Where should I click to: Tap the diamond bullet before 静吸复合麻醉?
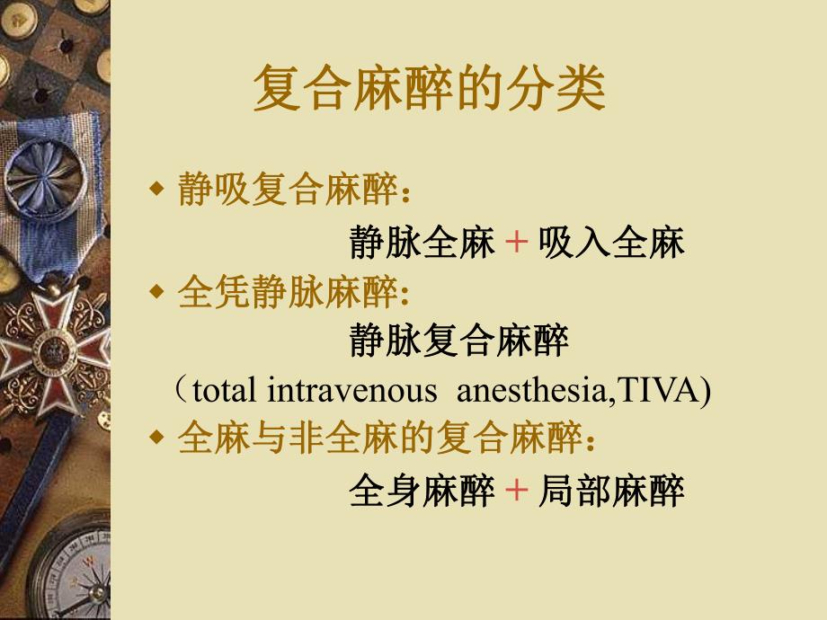(157, 190)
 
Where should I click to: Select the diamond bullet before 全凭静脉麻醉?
(157, 291)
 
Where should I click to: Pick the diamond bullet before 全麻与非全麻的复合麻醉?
(157, 438)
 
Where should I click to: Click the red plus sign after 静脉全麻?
(516, 243)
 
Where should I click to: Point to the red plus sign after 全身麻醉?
(516, 491)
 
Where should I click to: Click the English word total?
(226, 392)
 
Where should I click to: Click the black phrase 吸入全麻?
(611, 243)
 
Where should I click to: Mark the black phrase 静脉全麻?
(422, 243)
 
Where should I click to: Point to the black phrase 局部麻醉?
(611, 491)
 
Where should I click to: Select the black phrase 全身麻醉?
(422, 491)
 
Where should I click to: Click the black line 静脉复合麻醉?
(458, 341)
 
